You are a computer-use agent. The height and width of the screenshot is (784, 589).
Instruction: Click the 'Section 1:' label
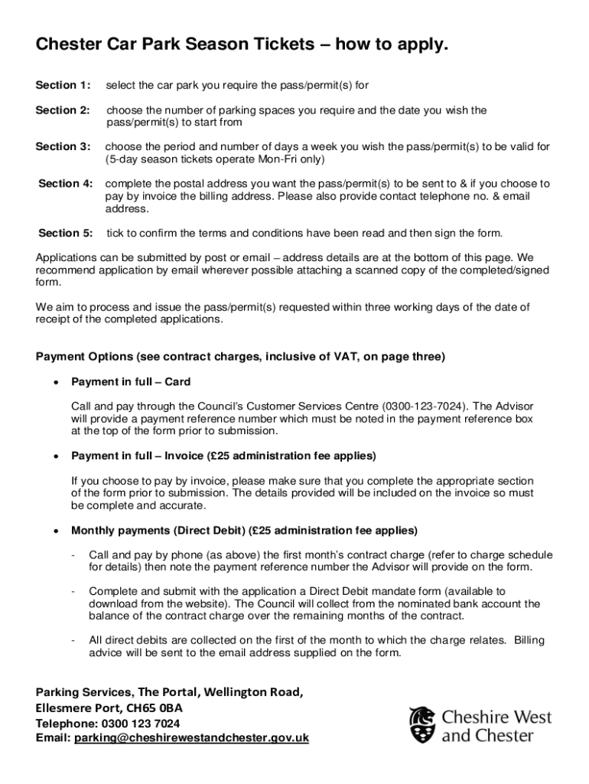tap(63, 85)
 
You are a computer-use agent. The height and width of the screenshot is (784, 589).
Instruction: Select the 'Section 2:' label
tap(63, 110)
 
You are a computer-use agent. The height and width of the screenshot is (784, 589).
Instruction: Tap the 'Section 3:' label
tap(63, 146)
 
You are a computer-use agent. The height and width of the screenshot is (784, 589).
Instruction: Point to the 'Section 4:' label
tap(65, 184)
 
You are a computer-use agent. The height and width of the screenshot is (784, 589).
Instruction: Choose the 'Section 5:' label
tap(65, 233)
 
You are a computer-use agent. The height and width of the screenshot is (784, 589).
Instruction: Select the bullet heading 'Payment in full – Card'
tap(131, 381)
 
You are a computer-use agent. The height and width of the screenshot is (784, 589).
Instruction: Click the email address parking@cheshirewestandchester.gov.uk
tap(191, 738)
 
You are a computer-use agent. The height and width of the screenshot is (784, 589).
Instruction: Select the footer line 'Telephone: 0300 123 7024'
tap(108, 723)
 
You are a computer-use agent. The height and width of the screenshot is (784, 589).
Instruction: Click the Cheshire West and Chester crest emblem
tap(423, 724)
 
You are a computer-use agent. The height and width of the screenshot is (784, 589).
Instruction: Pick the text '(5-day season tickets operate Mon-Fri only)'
tap(215, 159)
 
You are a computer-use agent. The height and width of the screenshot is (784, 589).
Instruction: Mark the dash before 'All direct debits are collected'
tap(71, 640)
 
